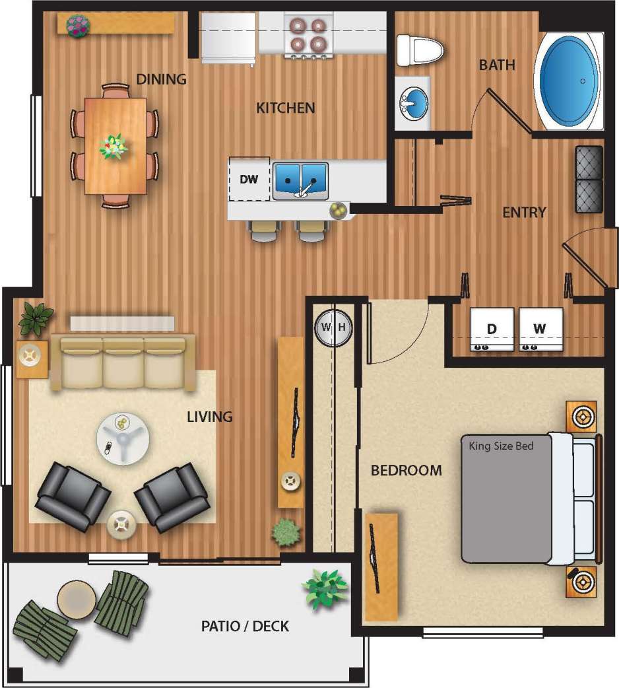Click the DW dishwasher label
248,179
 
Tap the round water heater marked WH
334,327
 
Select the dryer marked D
491,329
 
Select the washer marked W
540,329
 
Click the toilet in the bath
420,50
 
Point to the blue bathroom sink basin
414,104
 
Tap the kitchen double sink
301,180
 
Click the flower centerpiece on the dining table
114,146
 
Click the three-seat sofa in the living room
123,361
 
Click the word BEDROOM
406,471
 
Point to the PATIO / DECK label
245,625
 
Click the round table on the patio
77,600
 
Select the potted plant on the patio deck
324,588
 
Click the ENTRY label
524,212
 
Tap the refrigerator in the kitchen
228,38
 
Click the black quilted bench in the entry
589,179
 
